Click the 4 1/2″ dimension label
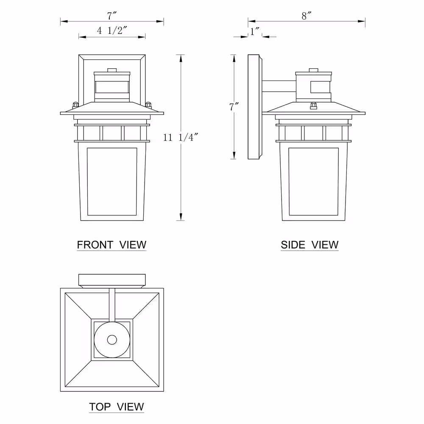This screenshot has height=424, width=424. pos(112,30)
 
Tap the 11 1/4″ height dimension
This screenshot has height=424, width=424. pos(180,137)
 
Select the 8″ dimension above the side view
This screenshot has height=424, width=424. pos(307,16)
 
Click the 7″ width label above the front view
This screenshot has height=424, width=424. pos(112,16)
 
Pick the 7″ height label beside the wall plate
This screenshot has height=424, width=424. pos(234,107)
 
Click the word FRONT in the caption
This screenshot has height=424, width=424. pos(95,245)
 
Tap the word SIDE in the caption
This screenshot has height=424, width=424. pos(293,245)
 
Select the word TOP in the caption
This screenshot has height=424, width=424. pos(100,407)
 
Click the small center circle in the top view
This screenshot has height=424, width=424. pos(112,340)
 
